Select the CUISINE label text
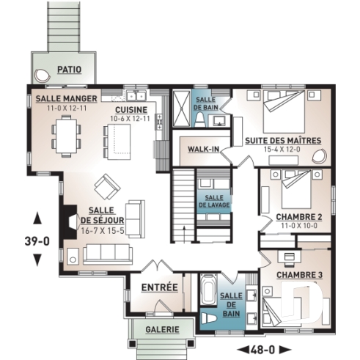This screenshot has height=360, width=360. click(130, 110)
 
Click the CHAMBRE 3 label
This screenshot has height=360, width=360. click(299, 275)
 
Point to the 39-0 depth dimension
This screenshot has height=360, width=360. click(37, 239)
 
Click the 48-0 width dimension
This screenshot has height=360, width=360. click(265, 348)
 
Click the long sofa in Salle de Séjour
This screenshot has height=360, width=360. click(107, 253)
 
